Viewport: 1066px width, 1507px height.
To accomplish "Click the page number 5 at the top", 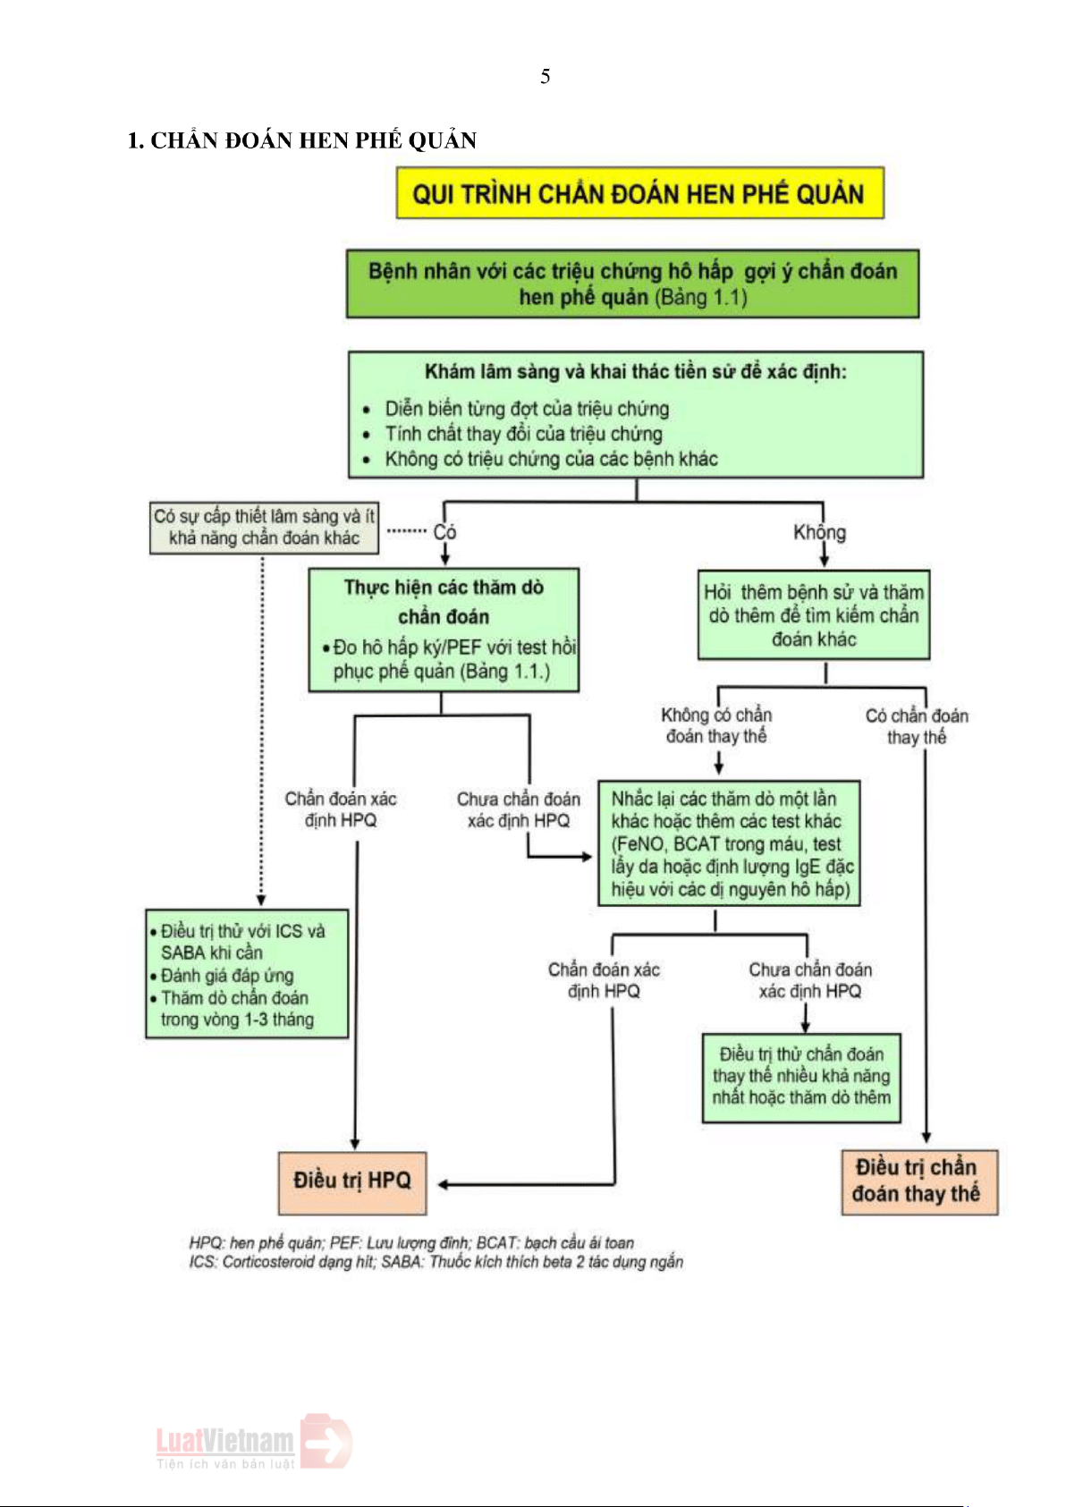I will [x=545, y=77].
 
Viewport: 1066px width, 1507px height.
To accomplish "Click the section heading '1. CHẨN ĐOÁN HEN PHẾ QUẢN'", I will [x=301, y=140].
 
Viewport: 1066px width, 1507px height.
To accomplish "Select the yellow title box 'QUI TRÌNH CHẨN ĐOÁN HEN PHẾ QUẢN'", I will [x=639, y=193].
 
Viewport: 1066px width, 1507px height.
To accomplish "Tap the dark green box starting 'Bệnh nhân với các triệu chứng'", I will [x=632, y=284].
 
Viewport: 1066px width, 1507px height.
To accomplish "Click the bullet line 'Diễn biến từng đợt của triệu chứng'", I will [x=526, y=409].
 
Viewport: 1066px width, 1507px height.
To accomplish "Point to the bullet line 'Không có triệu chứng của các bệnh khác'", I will [x=551, y=459].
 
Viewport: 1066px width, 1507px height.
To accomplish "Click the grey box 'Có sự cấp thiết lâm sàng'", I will [x=264, y=527].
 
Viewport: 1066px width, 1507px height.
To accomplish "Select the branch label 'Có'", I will [x=444, y=532].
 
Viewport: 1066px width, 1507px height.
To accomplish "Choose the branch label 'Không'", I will [x=819, y=532].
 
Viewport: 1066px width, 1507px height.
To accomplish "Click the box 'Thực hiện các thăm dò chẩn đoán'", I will [x=444, y=630].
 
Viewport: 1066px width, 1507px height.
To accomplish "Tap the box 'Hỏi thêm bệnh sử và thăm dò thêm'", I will [x=813, y=614].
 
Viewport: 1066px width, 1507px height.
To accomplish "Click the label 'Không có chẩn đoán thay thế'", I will [x=716, y=725].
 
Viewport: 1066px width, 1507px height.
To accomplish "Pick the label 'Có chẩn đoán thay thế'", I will [x=917, y=726].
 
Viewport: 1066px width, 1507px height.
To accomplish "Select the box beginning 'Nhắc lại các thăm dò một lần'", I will [x=729, y=842].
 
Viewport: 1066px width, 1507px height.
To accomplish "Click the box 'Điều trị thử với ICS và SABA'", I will [x=247, y=973].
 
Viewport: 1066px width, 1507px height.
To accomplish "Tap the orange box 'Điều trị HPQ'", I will [x=351, y=1181].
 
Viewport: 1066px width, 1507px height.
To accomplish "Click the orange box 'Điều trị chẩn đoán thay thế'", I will [x=918, y=1181].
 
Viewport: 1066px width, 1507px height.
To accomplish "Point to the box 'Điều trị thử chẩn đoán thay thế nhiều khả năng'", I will [x=801, y=1076].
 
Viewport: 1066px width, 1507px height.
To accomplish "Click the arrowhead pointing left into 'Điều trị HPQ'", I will [x=443, y=1185].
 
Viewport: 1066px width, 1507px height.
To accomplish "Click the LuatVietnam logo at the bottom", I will [x=253, y=1441].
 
